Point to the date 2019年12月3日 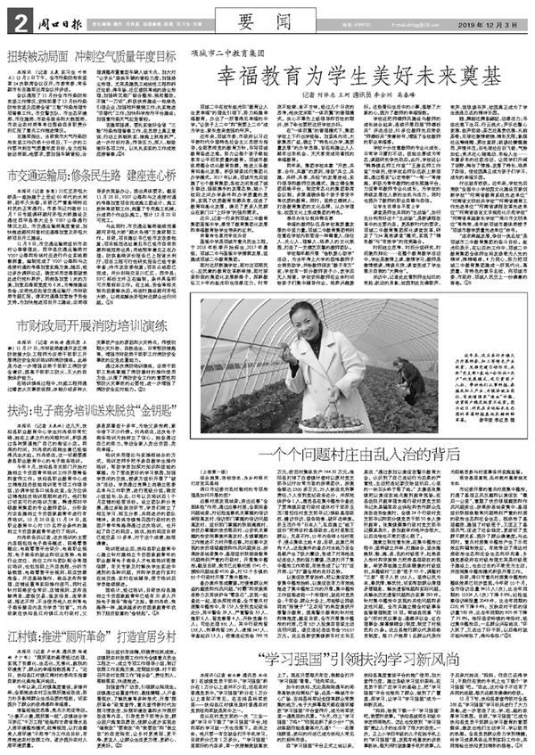pos(490,13)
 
